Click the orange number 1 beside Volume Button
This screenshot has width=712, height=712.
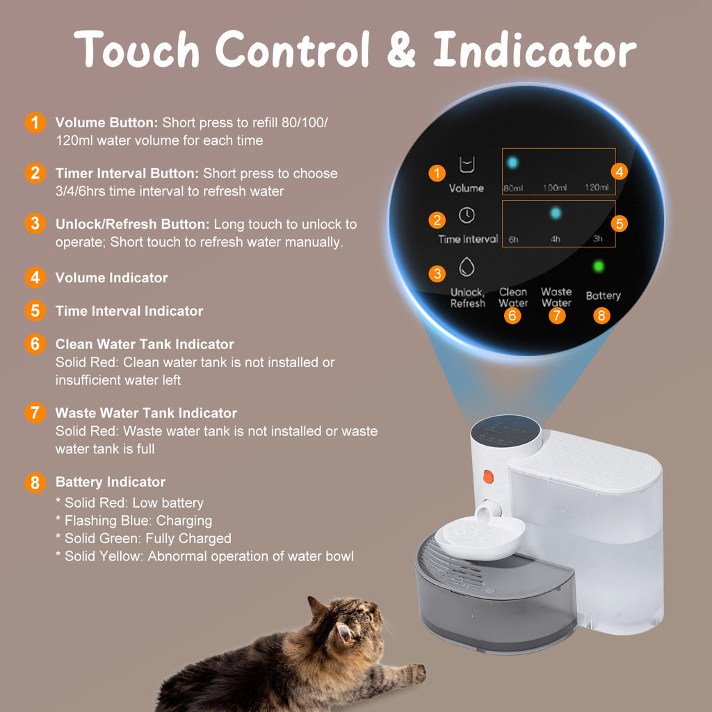coord(35,123)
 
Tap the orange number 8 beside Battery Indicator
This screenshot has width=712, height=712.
coord(35,483)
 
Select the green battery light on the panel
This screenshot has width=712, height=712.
coord(598,266)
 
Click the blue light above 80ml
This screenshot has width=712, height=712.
coord(513,163)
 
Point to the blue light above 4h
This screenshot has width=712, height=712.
coord(556,213)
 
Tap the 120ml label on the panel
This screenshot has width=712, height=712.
coord(597,188)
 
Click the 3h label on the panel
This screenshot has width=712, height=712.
coord(597,239)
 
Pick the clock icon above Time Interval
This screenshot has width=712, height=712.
coord(467,216)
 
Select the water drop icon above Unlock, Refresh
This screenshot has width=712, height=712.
coord(467,268)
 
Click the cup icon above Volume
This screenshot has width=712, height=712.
coord(467,165)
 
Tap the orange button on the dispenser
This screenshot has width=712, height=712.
coord(487,477)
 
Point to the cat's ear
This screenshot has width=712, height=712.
coord(345,633)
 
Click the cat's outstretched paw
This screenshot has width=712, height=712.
coord(416,672)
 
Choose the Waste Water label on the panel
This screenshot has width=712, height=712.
coord(556,297)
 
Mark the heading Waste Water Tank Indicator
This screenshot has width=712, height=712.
coord(146,413)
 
